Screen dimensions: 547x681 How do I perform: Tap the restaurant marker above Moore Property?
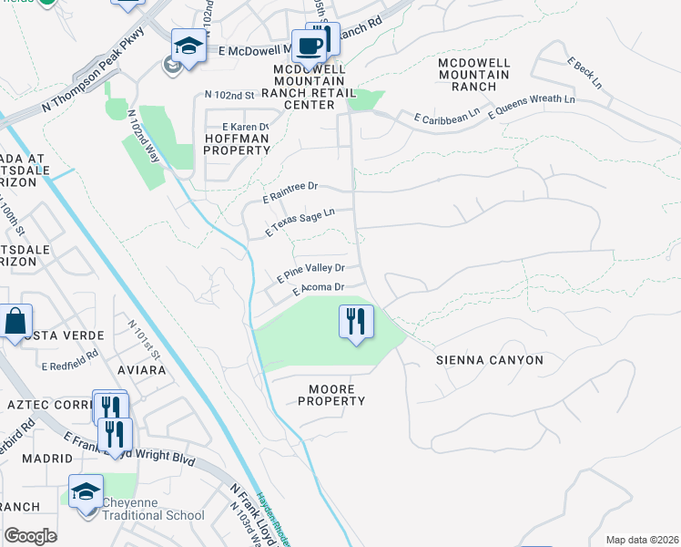[355, 322]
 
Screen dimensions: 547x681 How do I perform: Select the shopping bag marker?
[15, 322]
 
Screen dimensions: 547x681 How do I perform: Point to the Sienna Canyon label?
[489, 360]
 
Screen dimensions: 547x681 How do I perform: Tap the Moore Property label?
[331, 394]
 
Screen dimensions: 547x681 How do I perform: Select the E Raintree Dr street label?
[290, 191]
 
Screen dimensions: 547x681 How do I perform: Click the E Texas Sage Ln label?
[300, 222]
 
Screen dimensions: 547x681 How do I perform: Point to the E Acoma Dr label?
[318, 288]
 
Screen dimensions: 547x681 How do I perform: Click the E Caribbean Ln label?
[446, 116]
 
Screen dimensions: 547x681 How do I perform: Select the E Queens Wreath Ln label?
[532, 106]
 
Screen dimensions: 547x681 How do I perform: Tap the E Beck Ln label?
[585, 73]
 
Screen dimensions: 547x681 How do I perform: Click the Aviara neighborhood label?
[141, 371]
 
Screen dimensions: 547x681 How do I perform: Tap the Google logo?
[30, 535]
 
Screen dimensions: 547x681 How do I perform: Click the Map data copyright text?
[641, 540]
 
